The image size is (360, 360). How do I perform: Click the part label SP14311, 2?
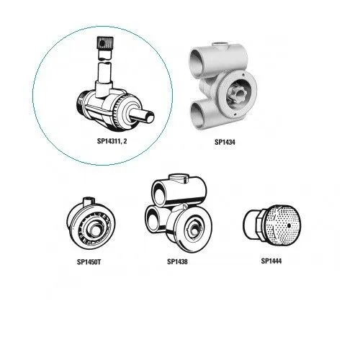coord(112,141)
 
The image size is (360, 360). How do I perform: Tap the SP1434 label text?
coord(225,142)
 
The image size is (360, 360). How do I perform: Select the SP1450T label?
coord(89,262)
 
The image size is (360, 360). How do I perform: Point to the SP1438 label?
coord(177,261)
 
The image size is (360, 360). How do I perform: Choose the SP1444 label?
coord(271,261)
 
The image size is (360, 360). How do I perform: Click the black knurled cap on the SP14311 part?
coord(102,43)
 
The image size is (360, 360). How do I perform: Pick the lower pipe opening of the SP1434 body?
coord(198,114)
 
